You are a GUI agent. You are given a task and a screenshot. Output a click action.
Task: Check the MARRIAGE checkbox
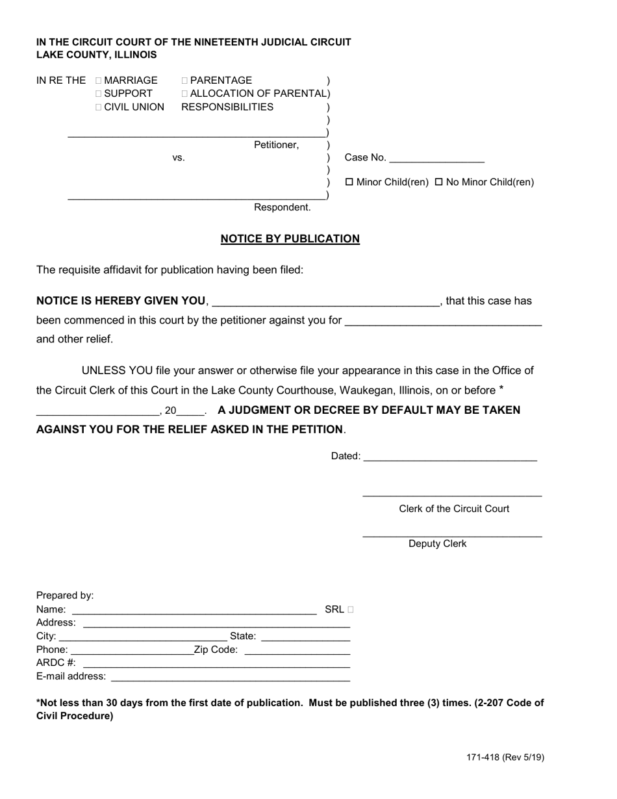click(99, 81)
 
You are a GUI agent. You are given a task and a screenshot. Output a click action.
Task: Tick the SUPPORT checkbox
click(99, 94)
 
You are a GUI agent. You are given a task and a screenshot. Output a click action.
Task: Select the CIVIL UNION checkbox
click(99, 107)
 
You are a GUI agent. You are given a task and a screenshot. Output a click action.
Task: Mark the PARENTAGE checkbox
click(185, 81)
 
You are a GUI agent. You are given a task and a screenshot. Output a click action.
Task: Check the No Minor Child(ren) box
click(438, 183)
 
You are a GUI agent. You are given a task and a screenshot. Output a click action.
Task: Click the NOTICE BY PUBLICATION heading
click(290, 239)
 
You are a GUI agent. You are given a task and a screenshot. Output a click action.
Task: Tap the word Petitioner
click(276, 145)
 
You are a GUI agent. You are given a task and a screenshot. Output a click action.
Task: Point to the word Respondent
click(282, 208)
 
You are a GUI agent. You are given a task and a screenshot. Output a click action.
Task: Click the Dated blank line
click(449, 457)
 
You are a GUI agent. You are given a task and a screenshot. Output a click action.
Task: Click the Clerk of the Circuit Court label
click(454, 509)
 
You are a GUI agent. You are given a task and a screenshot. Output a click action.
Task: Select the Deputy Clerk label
click(437, 544)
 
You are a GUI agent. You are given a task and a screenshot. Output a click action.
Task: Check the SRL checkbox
click(351, 610)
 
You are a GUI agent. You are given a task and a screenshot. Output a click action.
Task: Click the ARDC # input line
click(216, 663)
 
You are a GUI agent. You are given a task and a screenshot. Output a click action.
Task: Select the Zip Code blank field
click(297, 650)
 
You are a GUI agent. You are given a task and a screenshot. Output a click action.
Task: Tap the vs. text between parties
click(179, 158)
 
